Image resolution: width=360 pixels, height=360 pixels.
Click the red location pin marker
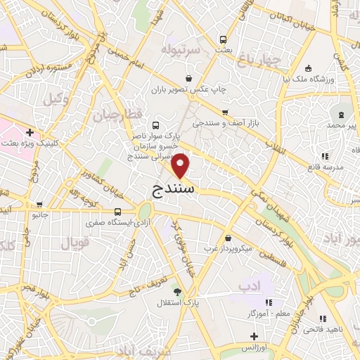tap(181, 167)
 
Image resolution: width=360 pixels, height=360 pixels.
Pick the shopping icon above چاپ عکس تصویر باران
tap(188, 78)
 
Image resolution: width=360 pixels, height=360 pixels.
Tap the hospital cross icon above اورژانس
tap(254, 336)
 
